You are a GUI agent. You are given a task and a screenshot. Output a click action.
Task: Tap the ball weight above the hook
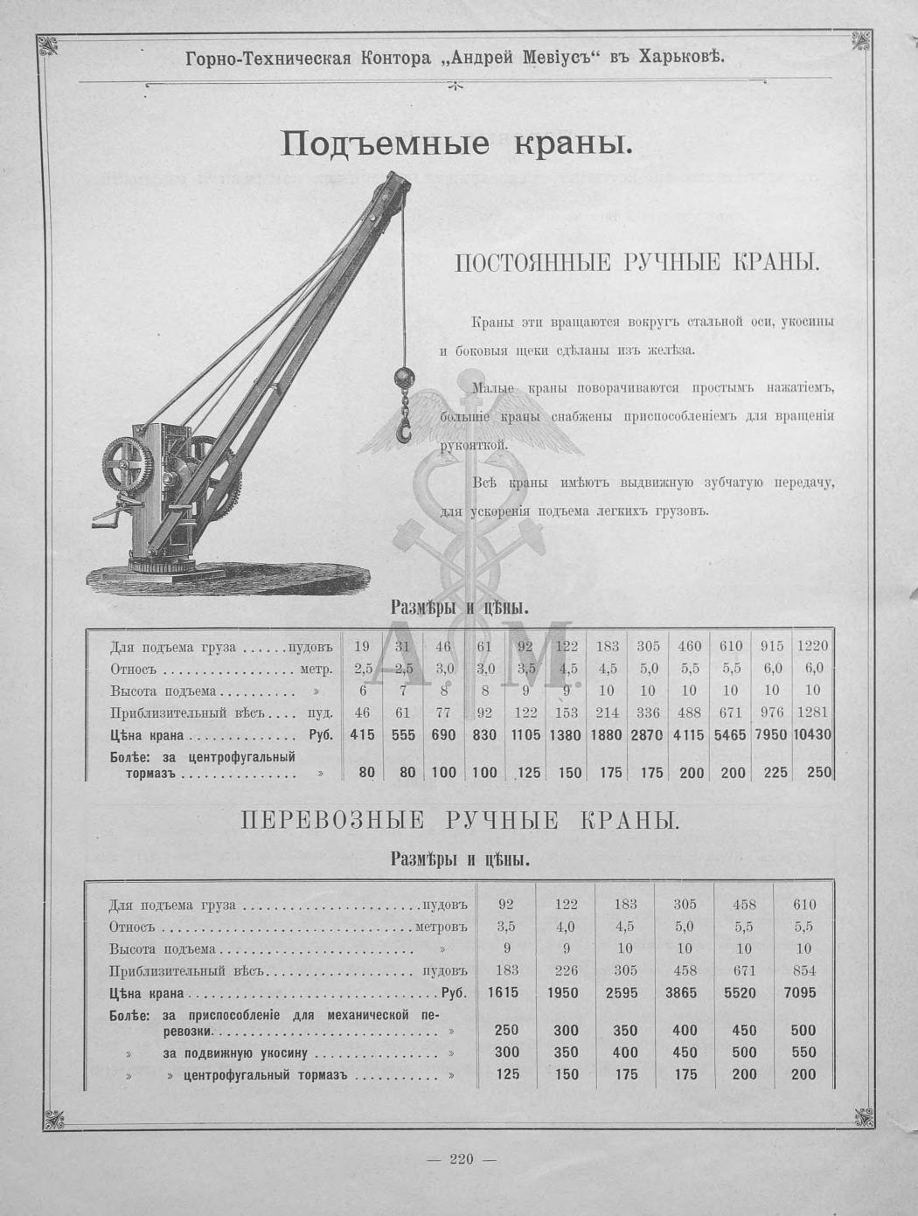click(404, 377)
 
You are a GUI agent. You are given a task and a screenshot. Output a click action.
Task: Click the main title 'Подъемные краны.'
click(456, 143)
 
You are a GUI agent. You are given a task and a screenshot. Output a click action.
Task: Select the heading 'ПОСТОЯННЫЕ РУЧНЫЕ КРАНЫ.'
click(637, 263)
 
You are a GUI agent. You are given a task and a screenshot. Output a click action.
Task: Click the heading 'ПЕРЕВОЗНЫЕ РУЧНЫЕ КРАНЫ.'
click(460, 821)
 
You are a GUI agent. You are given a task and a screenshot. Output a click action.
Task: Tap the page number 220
click(461, 1159)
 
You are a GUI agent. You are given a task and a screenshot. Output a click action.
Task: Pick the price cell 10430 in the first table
click(812, 735)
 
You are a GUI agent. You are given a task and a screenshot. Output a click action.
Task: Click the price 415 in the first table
click(362, 735)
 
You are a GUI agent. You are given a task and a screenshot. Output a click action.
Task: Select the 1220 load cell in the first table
click(812, 646)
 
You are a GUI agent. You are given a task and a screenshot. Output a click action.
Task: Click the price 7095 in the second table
click(803, 993)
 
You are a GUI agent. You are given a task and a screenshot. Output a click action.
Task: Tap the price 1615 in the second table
click(507, 993)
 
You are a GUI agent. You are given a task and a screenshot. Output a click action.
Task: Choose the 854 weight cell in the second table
click(803, 970)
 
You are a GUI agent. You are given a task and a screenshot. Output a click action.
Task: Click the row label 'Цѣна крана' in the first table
click(147, 735)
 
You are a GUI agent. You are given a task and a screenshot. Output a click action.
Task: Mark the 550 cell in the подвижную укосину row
click(803, 1053)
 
